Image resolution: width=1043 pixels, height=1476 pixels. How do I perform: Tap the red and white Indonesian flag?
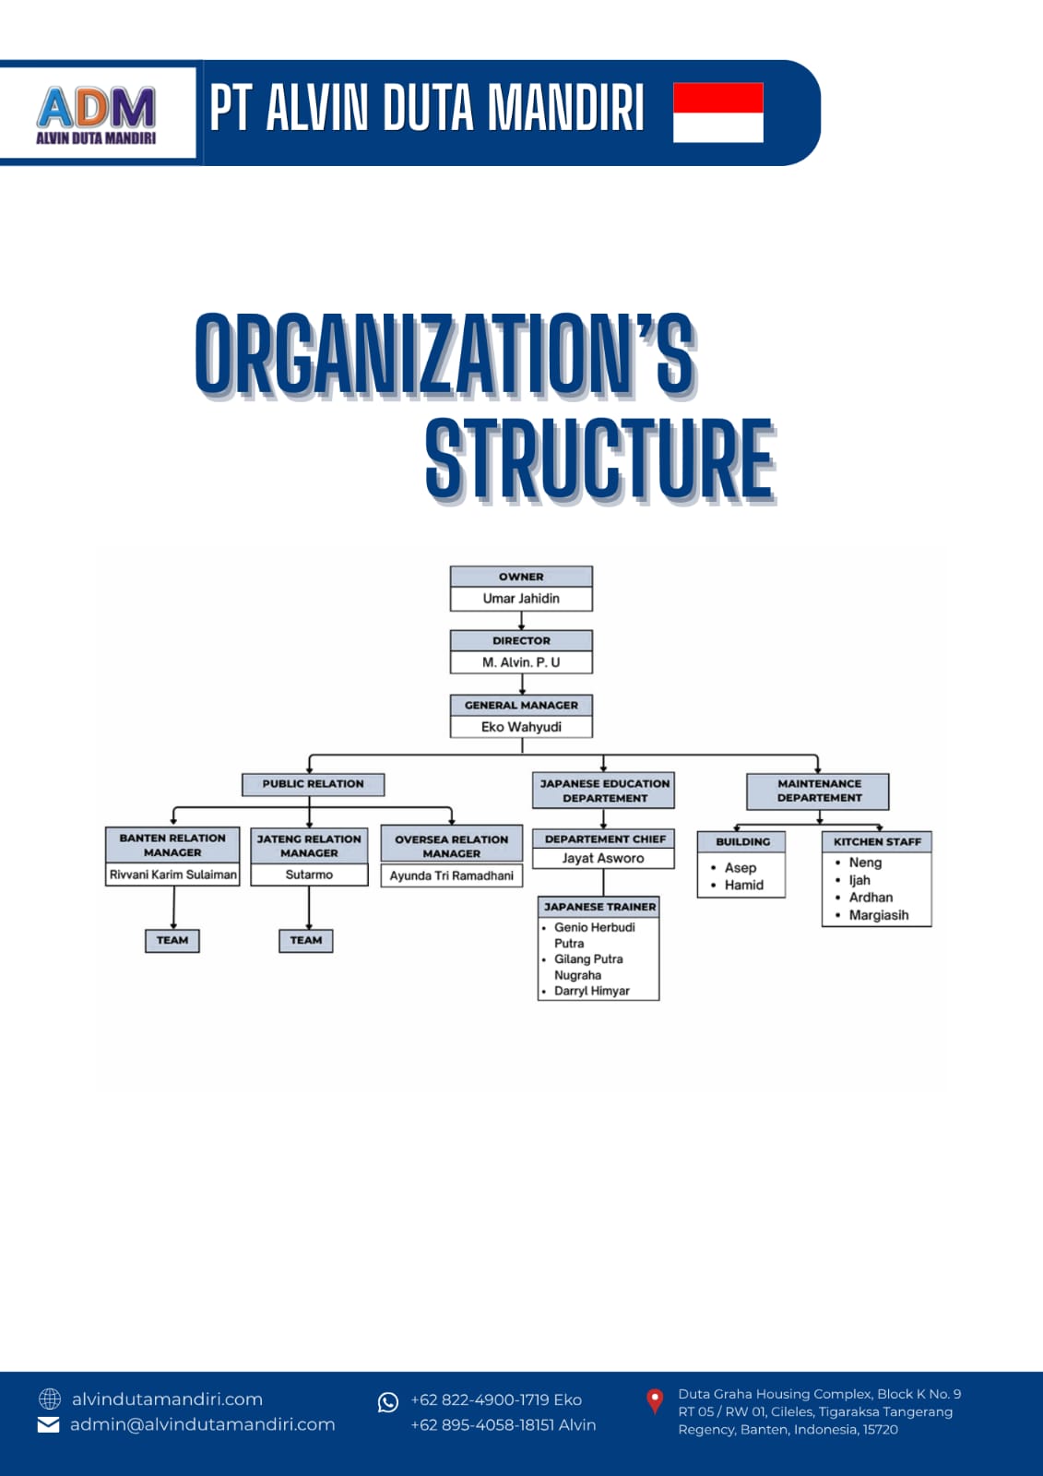[718, 112]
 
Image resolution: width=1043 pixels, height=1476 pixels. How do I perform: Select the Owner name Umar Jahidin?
[521, 599]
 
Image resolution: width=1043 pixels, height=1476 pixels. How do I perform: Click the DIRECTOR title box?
[521, 640]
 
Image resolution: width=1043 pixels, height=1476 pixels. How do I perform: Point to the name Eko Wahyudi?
[521, 727]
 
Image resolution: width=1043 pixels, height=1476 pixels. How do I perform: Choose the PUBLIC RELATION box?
[313, 784]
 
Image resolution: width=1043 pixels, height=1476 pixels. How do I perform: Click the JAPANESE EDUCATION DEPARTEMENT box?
[603, 791]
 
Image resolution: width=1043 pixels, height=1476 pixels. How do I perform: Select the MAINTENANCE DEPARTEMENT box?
[818, 792]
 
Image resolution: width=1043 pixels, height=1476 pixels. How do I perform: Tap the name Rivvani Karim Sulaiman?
[172, 875]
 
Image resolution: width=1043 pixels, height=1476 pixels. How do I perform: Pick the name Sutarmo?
[309, 875]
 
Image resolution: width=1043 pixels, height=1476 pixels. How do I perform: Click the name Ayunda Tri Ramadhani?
[451, 875]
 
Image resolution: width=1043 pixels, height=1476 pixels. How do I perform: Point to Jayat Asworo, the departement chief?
[603, 858]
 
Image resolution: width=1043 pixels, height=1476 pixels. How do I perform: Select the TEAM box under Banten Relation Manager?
[172, 940]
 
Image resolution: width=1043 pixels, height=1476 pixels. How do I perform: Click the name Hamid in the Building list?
[744, 885]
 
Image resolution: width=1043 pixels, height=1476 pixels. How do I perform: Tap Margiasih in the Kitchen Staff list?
[878, 915]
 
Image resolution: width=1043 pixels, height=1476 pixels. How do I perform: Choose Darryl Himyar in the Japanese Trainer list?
[592, 991]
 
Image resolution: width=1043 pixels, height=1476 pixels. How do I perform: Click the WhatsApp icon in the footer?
[388, 1402]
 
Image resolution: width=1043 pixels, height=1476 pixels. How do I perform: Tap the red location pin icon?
[655, 1401]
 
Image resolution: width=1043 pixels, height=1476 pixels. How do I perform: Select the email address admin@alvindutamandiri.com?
[202, 1424]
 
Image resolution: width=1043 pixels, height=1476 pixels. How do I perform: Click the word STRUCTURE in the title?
[599, 459]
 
